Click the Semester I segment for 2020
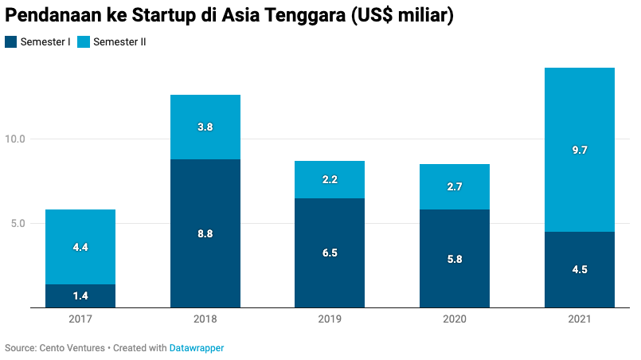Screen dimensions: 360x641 point(455,271)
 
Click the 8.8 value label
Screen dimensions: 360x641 point(205,233)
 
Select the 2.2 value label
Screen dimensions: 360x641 point(330,180)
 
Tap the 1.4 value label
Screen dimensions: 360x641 point(80,296)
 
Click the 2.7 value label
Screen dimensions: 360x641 point(455,187)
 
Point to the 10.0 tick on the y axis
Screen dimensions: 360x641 point(15,139)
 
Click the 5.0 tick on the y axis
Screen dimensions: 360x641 point(18,224)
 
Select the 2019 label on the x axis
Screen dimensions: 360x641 point(330,319)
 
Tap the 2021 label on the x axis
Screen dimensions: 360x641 point(580,319)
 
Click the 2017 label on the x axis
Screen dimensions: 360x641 point(80,319)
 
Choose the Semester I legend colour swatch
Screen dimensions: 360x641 point(10,42)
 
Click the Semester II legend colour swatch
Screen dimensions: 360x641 point(84,42)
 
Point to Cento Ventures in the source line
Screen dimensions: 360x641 point(72,348)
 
